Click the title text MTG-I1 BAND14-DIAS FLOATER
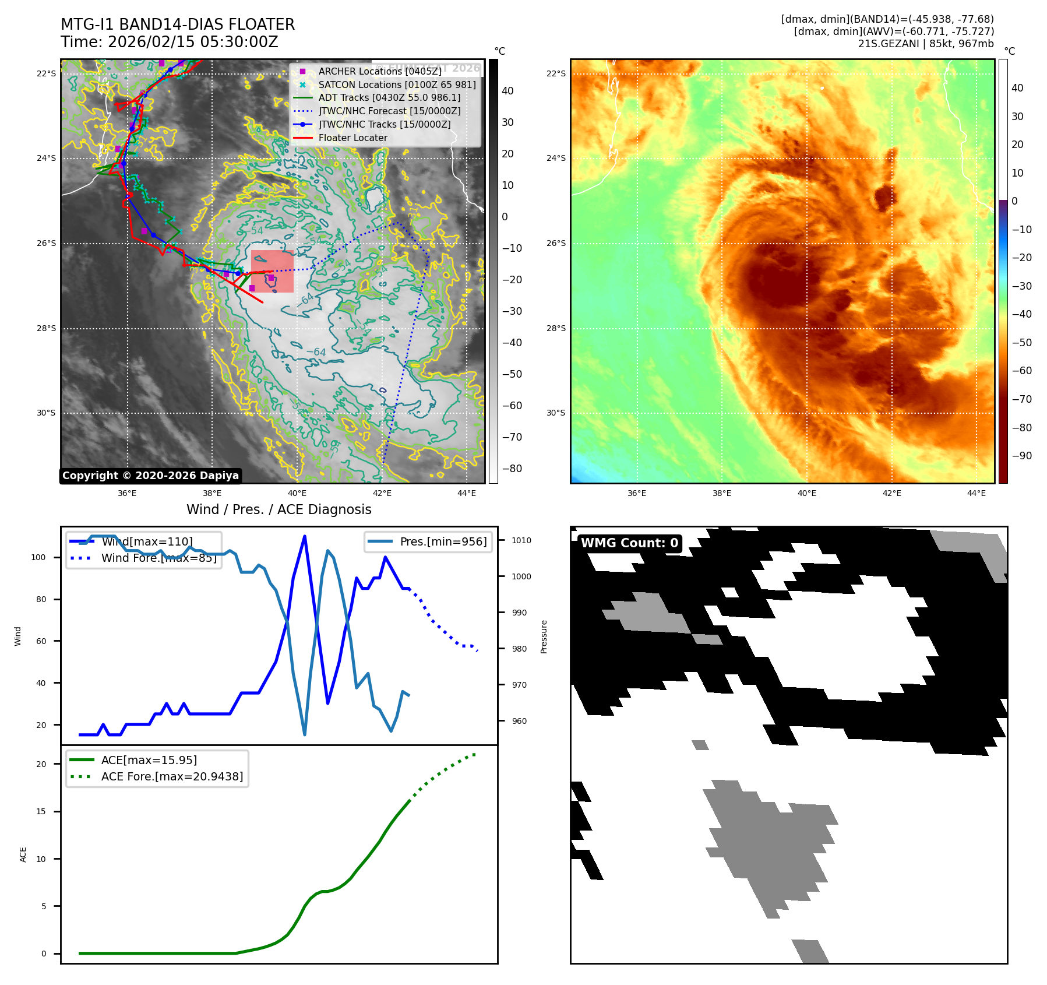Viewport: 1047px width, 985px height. [x=178, y=24]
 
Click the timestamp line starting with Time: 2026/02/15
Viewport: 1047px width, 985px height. [x=169, y=42]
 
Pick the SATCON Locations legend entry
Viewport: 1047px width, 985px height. [x=397, y=85]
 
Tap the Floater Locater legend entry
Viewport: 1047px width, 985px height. [x=352, y=138]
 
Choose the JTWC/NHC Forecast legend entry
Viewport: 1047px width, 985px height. [x=389, y=111]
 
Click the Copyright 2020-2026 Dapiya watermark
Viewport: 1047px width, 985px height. [x=150, y=476]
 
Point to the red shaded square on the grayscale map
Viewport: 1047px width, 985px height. [x=272, y=271]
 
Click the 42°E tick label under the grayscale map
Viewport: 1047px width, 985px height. [x=382, y=493]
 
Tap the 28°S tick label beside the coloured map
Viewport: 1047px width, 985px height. [x=556, y=328]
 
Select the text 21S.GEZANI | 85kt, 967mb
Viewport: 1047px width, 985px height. [x=926, y=44]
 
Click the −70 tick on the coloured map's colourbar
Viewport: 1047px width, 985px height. [x=1021, y=399]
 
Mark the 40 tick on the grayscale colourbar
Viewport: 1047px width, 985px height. [x=507, y=91]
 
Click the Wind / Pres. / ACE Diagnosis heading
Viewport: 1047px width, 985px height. [x=279, y=509]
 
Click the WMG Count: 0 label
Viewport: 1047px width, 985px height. [x=629, y=543]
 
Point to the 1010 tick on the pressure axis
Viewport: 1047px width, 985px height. [x=521, y=540]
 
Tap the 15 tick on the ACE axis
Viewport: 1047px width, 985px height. [x=41, y=811]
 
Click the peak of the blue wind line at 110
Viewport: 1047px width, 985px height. [x=305, y=536]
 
